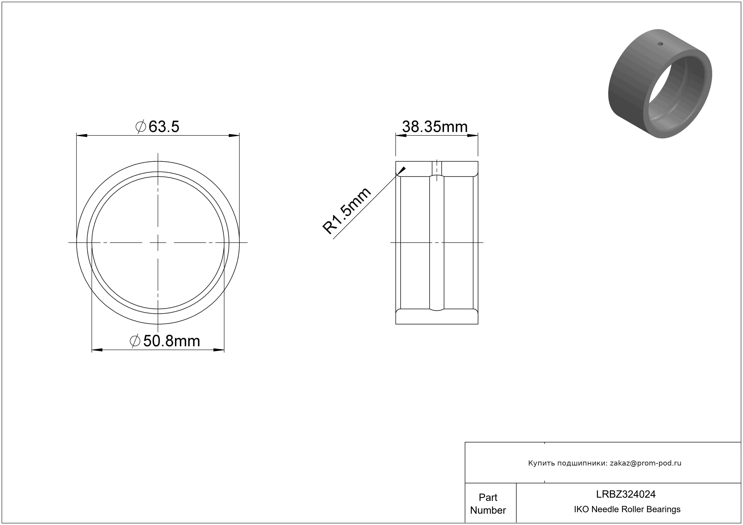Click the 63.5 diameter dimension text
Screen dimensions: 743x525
(157, 127)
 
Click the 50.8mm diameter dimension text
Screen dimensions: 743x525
(165, 341)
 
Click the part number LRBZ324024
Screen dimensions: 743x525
(626, 494)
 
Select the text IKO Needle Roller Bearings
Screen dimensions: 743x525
(627, 509)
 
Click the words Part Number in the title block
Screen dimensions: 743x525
(488, 504)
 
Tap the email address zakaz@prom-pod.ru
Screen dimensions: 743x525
(646, 463)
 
